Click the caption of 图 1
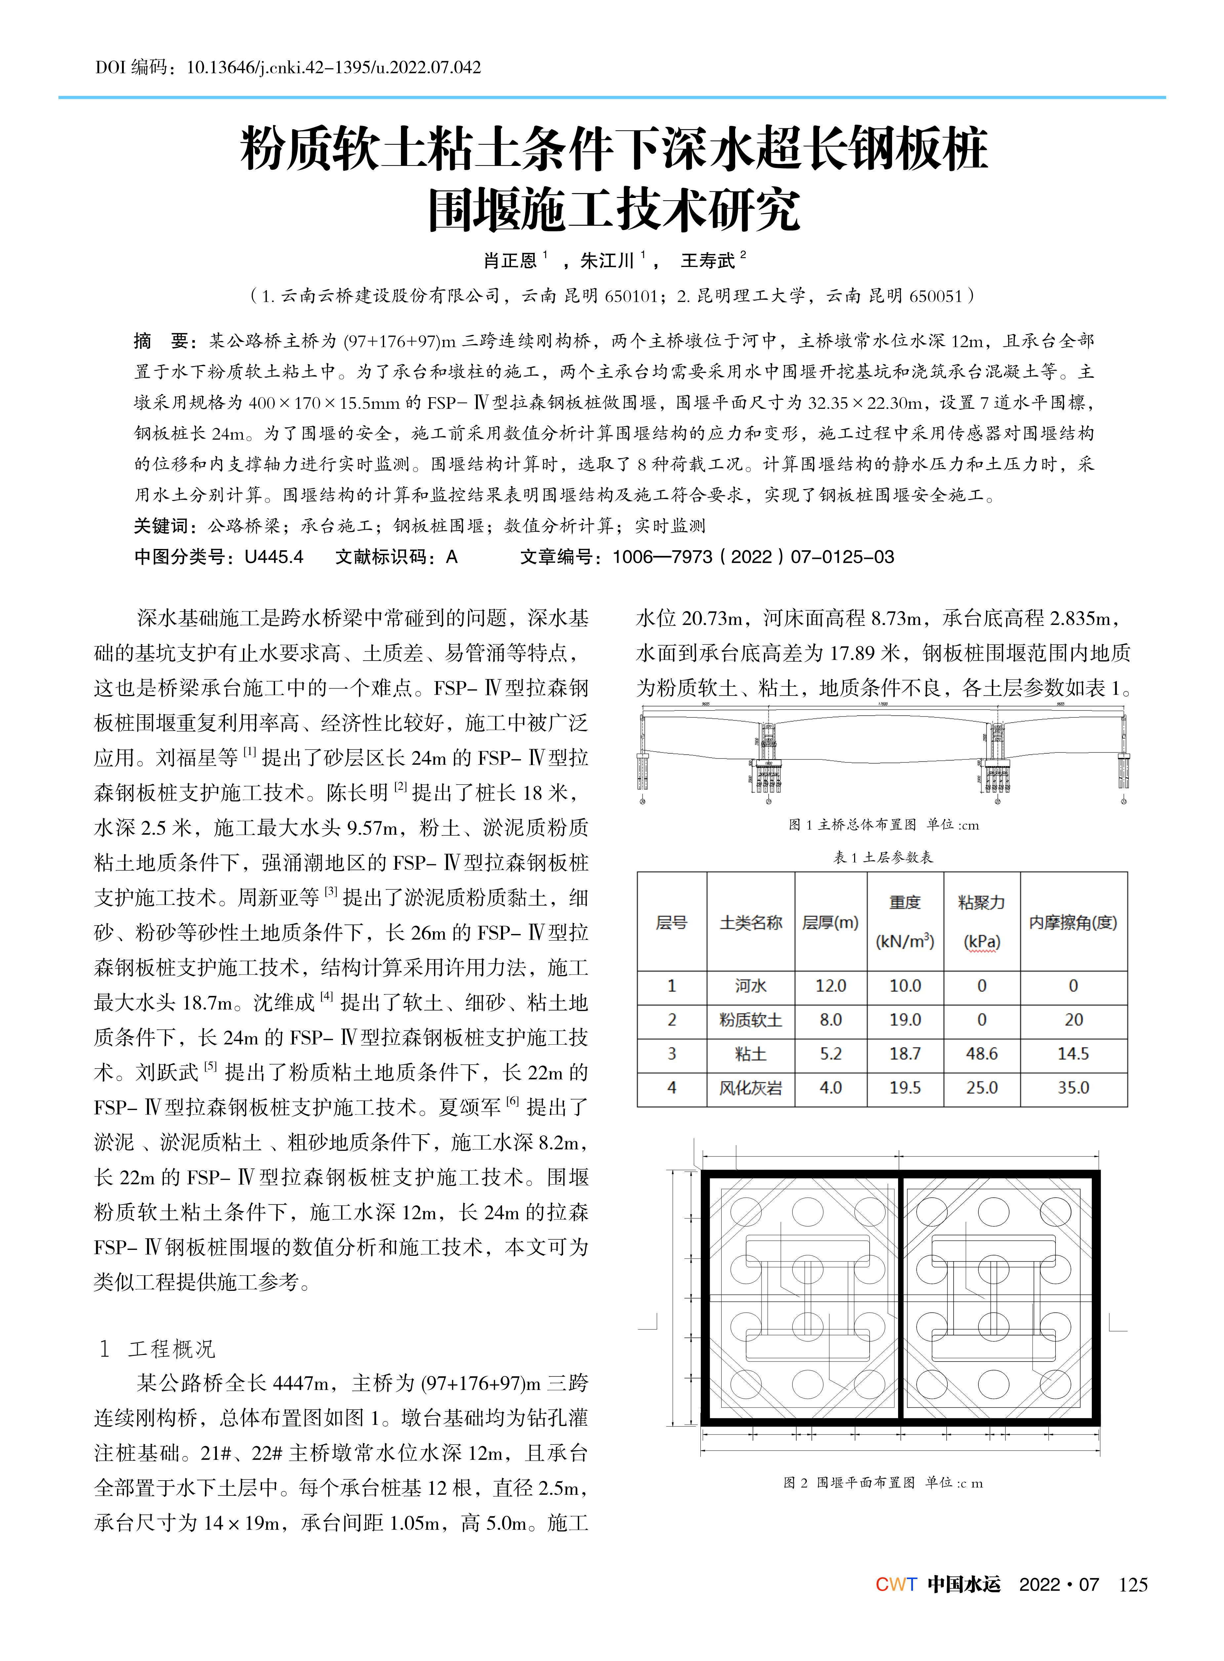[883, 825]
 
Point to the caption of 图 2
[883, 1483]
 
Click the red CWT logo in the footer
[896, 1585]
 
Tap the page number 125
[1133, 1585]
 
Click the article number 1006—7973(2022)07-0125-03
[753, 557]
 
